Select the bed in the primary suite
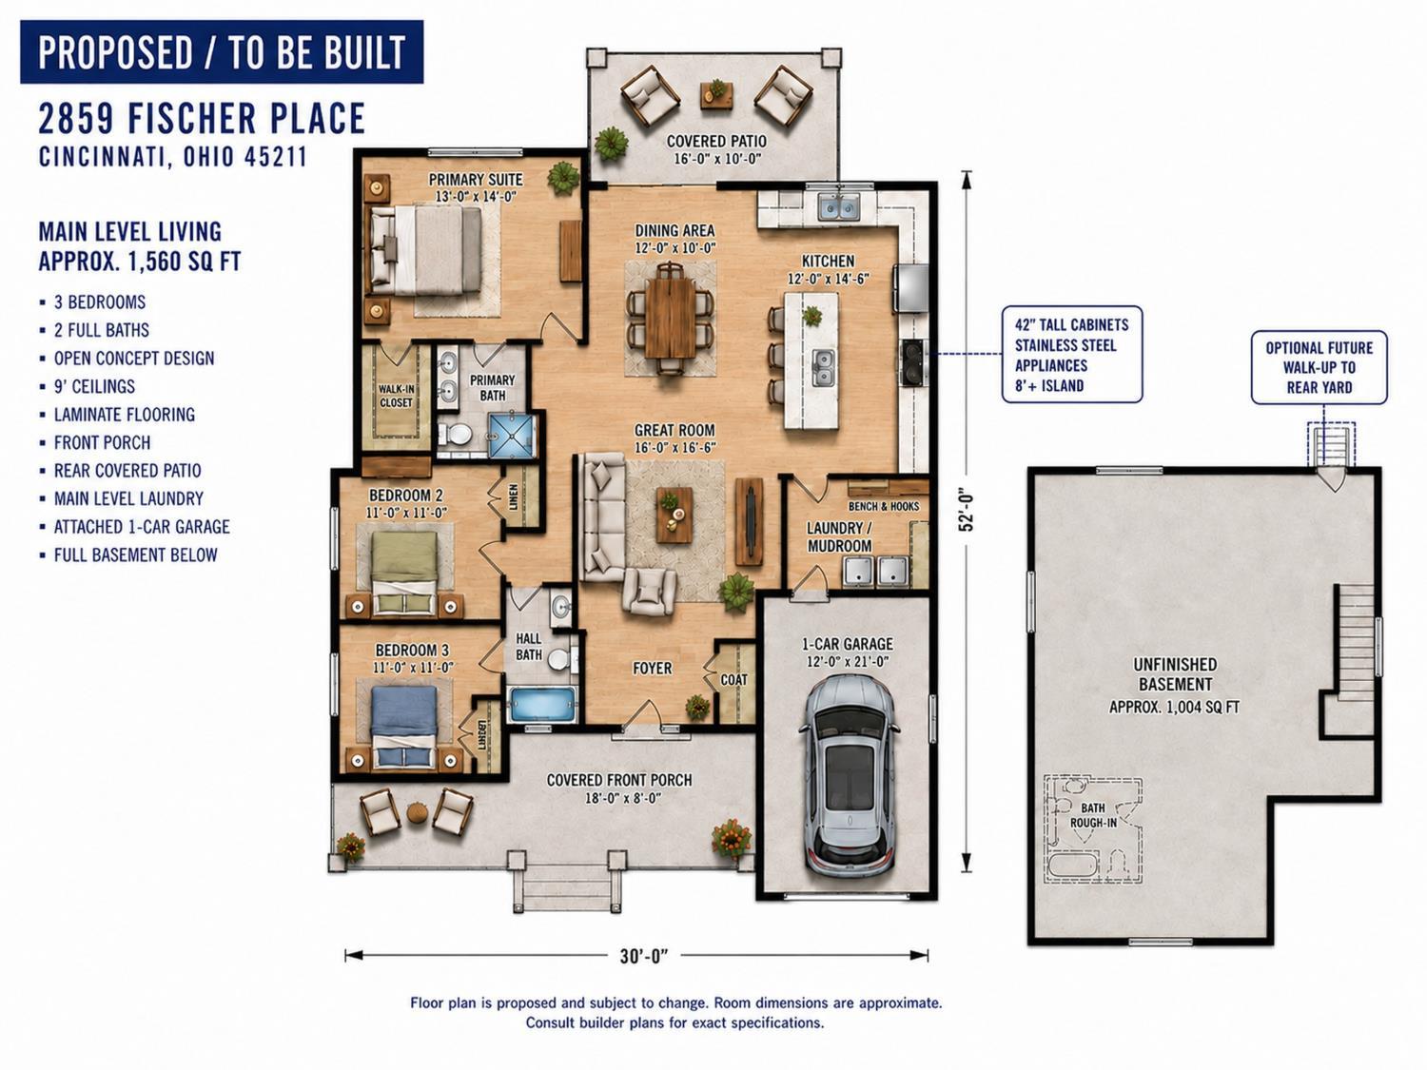pos(426,250)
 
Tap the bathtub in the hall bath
pos(543,705)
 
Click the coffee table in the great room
pos(674,515)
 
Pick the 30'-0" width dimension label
pos(644,955)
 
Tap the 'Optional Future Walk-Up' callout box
pos(1319,368)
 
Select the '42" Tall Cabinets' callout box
pos(1071,355)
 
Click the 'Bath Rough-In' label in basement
pos(1093,815)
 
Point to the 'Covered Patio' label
pos(716,141)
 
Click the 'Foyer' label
pos(652,669)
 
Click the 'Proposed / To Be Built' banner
pos(222,52)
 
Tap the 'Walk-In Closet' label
pos(396,396)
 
